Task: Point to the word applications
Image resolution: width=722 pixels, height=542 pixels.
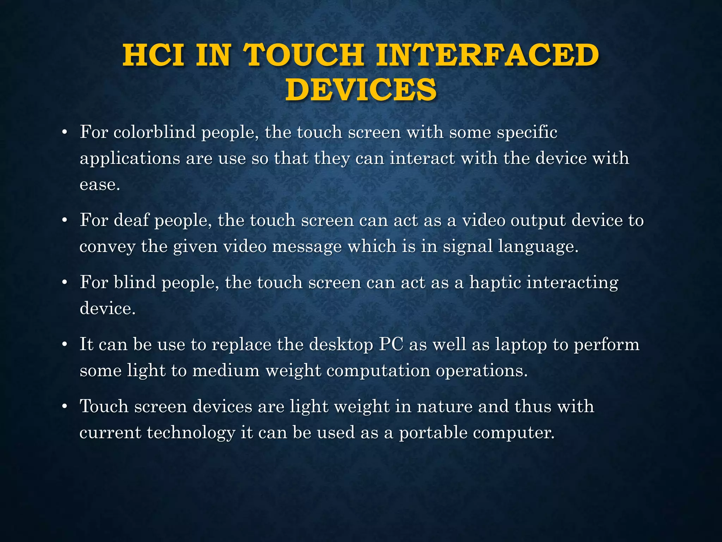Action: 130,159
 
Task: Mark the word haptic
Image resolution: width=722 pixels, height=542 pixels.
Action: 495,283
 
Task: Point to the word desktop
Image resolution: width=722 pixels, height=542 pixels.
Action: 341,345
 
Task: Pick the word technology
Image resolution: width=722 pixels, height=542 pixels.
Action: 191,433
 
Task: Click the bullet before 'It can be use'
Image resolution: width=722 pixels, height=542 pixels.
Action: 64,345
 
